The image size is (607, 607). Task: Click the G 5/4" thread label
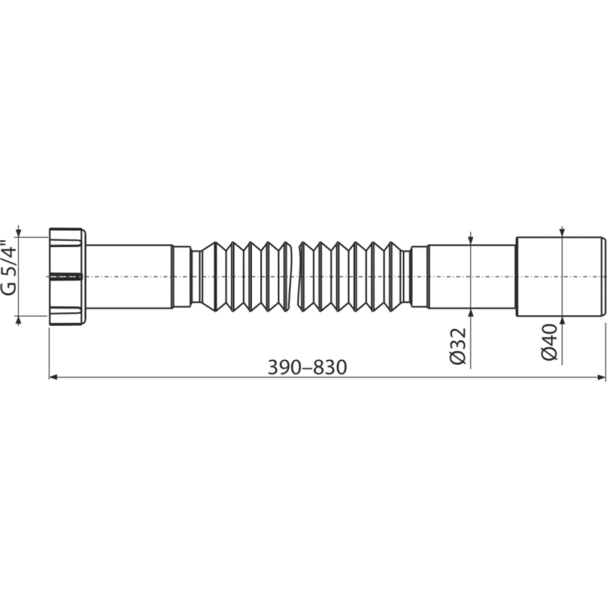tap(9, 268)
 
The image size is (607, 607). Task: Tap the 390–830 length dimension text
tap(307, 367)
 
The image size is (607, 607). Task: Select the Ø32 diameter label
tap(458, 346)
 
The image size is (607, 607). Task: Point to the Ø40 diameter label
tap(549, 342)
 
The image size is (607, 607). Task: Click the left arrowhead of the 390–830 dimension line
tap(53, 377)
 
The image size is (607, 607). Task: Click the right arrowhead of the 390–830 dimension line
tap(602, 377)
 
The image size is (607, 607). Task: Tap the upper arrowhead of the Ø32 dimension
tap(471, 241)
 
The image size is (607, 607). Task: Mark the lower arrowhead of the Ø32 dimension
tap(471, 313)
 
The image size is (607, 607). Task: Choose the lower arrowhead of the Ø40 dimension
tap(562, 321)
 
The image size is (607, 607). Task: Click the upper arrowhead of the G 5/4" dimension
tap(18, 232)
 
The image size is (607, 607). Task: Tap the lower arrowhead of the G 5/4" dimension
tap(18, 320)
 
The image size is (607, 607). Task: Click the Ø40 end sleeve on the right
tap(560, 276)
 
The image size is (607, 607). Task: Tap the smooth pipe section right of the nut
tap(129, 276)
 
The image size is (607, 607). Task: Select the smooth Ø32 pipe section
tap(471, 276)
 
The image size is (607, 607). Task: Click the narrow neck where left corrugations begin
tap(196, 276)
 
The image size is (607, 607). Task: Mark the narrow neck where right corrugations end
tap(406, 276)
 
